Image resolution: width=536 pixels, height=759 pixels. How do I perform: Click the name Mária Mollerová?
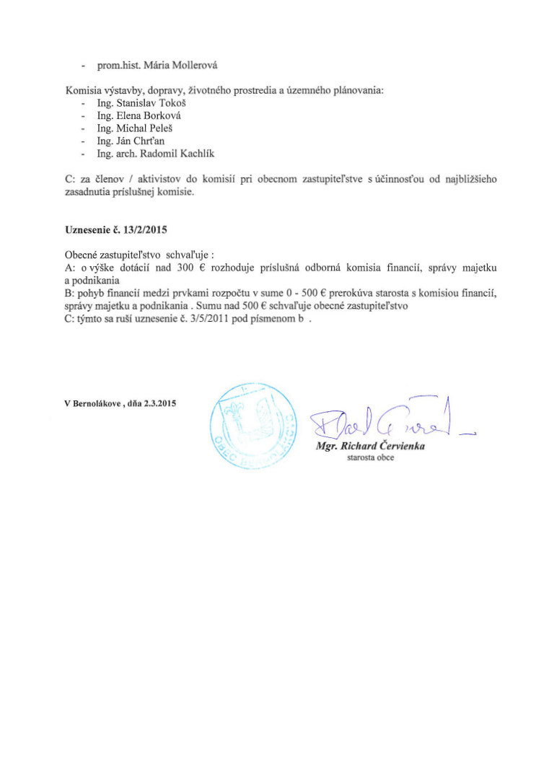tap(181, 66)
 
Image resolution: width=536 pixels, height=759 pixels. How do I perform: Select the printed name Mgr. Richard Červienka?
tap(370, 447)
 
